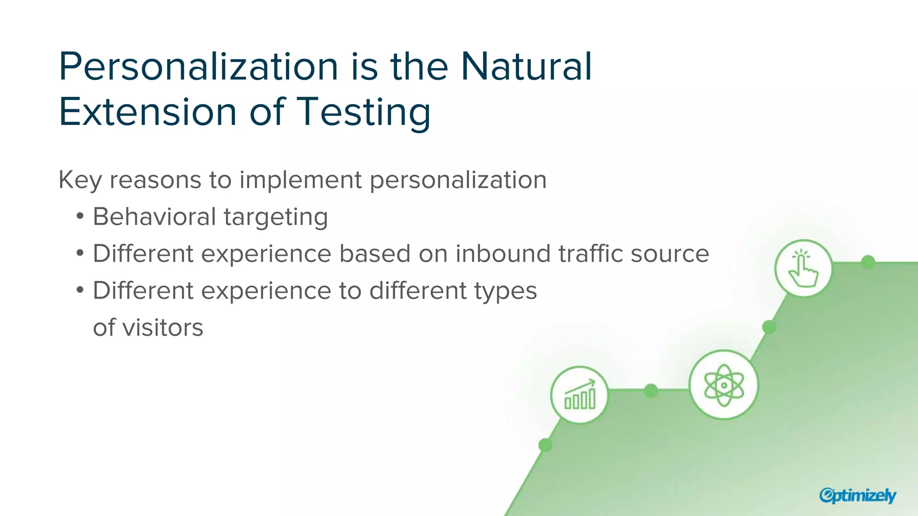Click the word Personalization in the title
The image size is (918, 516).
pos(198,67)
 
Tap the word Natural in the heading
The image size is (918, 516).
pos(526,67)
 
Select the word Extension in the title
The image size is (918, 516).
pos(147,112)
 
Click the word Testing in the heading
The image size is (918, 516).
pos(364,112)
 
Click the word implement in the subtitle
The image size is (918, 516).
pos(300,181)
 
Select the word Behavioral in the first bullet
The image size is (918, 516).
pos(154,217)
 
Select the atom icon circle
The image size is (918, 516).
pos(723,385)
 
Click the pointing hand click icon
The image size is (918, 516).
pos(803,268)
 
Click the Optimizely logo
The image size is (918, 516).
pos(857,495)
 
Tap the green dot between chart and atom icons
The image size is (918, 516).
pos(651,391)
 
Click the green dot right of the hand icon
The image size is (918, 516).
pos(868,262)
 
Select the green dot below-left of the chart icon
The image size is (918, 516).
pos(545,445)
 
